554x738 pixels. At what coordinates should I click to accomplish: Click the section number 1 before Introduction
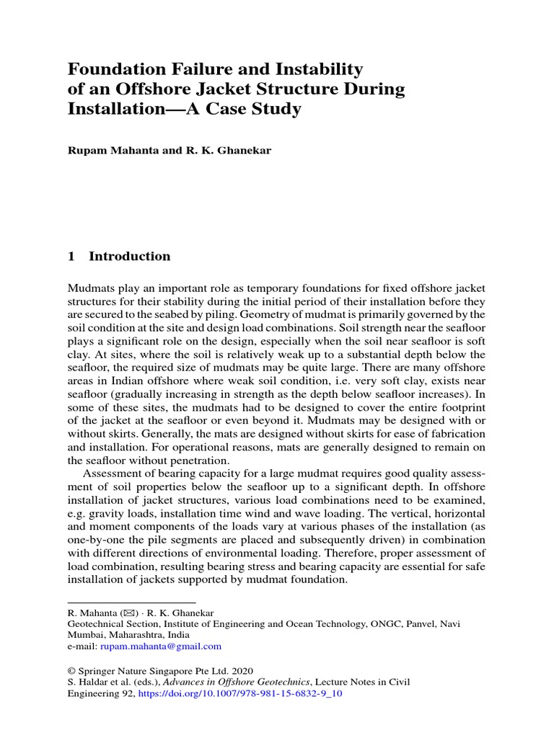click(x=71, y=257)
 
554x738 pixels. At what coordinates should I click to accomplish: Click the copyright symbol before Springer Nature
click(x=71, y=670)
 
